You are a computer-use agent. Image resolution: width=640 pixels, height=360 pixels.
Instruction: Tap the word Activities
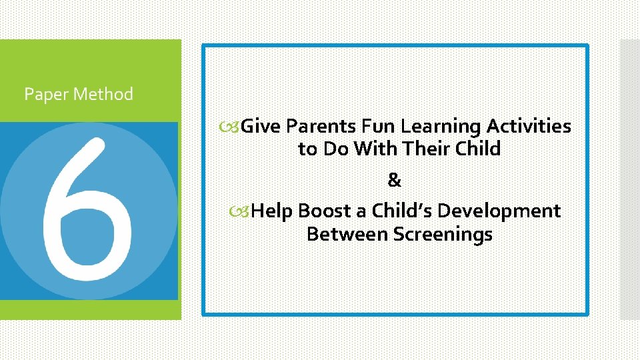click(529, 126)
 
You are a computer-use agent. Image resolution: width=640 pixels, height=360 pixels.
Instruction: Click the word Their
click(427, 149)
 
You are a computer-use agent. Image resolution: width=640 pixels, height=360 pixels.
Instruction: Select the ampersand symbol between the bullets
click(395, 180)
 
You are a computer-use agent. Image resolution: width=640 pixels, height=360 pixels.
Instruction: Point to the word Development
click(499, 211)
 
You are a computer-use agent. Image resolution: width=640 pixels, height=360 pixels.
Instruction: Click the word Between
click(347, 235)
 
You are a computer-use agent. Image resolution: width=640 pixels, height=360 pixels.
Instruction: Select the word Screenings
click(443, 235)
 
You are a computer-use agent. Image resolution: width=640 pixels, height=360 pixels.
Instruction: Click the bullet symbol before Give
click(234, 127)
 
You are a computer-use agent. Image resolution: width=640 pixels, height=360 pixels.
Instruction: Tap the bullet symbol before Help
click(245, 212)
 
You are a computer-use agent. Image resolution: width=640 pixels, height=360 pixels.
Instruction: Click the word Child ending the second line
click(478, 149)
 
